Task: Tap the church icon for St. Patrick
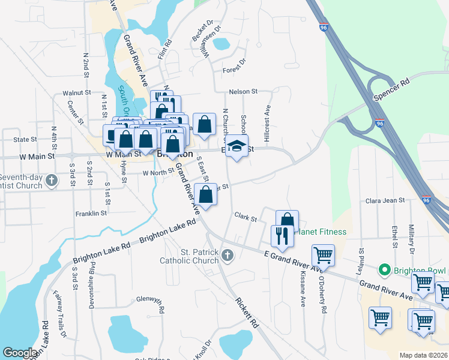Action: pyautogui.click(x=227, y=256)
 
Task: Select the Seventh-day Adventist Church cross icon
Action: pyautogui.click(x=52, y=179)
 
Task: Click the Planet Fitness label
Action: pyautogui.click(x=322, y=232)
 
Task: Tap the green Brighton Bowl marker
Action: pyautogui.click(x=385, y=270)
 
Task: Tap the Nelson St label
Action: pyautogui.click(x=243, y=92)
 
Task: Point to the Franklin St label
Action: pyautogui.click(x=91, y=213)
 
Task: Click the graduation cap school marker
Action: pyautogui.click(x=237, y=146)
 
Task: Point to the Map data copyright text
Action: pyautogui.click(x=424, y=355)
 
